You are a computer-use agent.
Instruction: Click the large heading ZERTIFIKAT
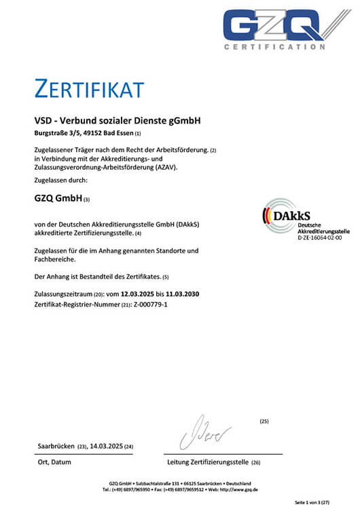(x=89, y=89)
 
